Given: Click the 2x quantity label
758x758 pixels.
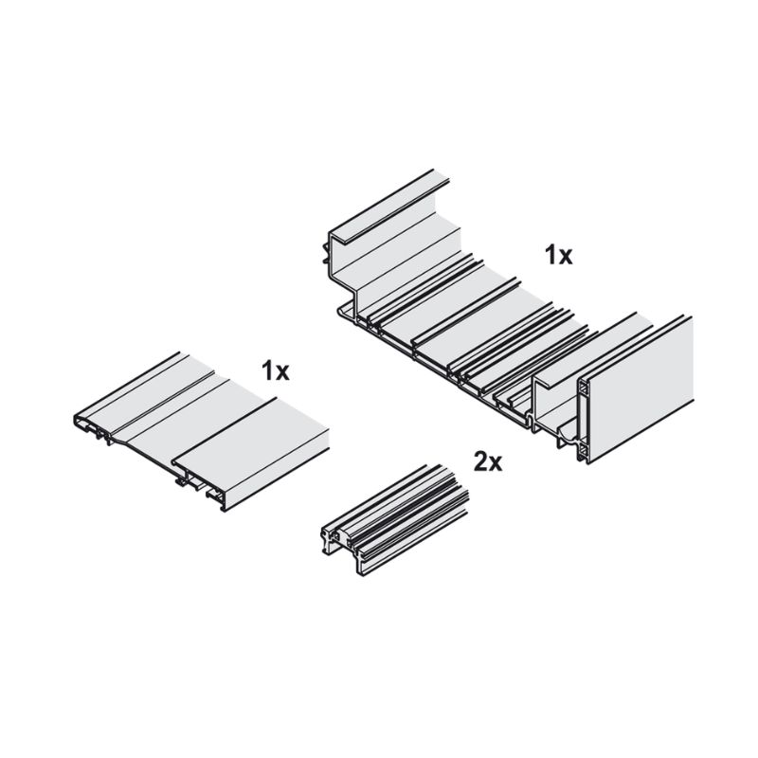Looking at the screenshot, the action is [x=487, y=463].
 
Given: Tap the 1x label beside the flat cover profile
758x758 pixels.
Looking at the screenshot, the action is [x=275, y=371].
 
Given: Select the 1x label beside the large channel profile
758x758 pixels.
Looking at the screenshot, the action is [x=559, y=255].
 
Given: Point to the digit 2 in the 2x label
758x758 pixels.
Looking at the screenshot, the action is [x=480, y=462].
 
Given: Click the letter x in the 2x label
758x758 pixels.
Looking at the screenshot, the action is [x=496, y=465].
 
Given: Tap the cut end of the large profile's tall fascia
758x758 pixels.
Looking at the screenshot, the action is [x=583, y=420].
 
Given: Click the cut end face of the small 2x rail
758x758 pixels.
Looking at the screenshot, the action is [x=341, y=547].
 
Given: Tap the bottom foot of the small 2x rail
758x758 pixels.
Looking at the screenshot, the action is [x=360, y=567].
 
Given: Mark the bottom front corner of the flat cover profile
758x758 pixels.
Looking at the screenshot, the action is [x=224, y=509].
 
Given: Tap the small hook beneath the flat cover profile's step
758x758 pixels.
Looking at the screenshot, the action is [x=180, y=481].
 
